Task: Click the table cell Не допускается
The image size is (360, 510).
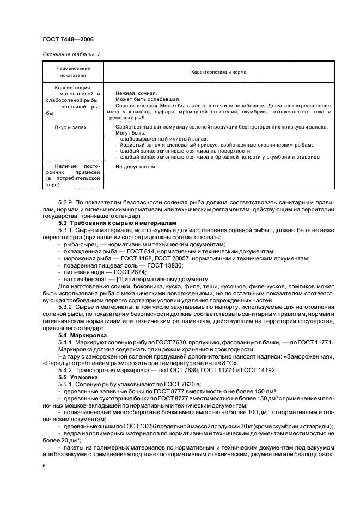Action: (135, 167)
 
